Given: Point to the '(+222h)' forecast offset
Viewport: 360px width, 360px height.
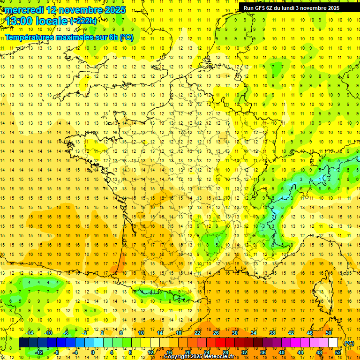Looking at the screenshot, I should pyautogui.click(x=84, y=21).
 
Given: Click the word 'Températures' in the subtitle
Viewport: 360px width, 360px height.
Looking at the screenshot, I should pyautogui.click(x=30, y=37).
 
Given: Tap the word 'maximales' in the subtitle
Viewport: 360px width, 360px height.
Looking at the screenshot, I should pyautogui.click(x=77, y=37).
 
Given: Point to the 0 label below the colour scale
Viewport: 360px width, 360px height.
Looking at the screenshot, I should pyautogui.click(x=93, y=352).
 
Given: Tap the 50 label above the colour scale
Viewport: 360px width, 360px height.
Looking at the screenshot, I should pyautogui.click(x=329, y=333).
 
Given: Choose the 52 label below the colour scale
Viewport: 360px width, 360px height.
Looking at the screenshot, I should pyautogui.click(x=338, y=352).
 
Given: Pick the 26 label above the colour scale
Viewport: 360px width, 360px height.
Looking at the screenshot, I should pyautogui.click(x=216, y=333).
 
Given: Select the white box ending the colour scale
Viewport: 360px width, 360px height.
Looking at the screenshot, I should pyautogui.click(x=333, y=343).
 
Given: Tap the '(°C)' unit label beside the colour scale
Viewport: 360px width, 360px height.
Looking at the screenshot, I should pyautogui.click(x=349, y=343).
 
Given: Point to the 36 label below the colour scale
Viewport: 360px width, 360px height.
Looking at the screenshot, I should pyautogui.click(x=263, y=352).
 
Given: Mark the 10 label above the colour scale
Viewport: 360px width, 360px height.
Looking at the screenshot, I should pyautogui.click(x=141, y=333).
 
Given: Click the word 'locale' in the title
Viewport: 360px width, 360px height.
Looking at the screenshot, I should pyautogui.click(x=50, y=22).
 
